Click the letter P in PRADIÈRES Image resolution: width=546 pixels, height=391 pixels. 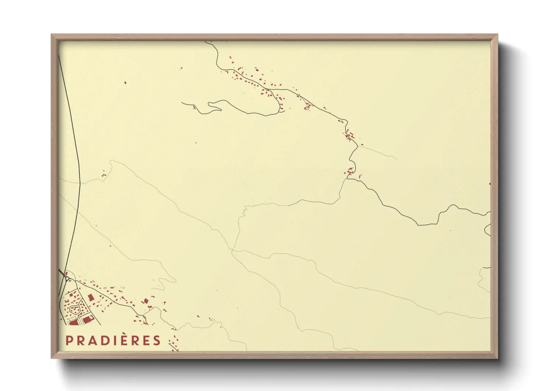[x=68, y=340]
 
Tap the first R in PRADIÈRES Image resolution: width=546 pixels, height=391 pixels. [x=79, y=340]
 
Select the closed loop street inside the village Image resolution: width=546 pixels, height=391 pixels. [x=75, y=309]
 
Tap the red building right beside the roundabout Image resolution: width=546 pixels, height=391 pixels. [x=66, y=274]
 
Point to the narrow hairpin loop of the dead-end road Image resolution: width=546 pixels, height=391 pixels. [x=214, y=106]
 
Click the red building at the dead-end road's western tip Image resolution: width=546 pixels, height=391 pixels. [x=194, y=108]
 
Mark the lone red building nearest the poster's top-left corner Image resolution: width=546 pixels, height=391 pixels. [x=125, y=83]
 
